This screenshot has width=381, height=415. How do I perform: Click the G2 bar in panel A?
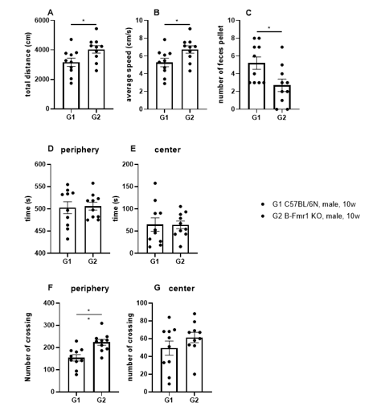(x=96, y=79)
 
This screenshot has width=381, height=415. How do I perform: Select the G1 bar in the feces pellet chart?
(x=256, y=86)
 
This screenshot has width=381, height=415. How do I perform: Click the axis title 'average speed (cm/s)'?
(x=129, y=64)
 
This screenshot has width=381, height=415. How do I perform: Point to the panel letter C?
(x=248, y=13)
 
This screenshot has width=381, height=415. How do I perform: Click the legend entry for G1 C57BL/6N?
(x=309, y=204)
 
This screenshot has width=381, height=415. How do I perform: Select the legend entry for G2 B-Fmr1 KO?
(x=311, y=216)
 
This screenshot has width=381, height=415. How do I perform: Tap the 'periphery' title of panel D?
(x=80, y=150)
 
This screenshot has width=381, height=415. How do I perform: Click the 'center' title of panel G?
(x=182, y=289)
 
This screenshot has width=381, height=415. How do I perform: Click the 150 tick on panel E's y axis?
(x=127, y=187)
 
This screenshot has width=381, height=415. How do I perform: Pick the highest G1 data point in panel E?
(x=155, y=183)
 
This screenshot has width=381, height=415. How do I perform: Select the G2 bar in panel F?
(x=101, y=367)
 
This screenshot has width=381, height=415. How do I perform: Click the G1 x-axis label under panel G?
(x=169, y=400)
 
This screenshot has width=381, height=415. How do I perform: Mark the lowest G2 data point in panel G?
(x=195, y=374)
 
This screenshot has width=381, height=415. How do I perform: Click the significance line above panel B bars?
(x=177, y=24)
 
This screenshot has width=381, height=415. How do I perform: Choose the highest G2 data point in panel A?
(x=96, y=29)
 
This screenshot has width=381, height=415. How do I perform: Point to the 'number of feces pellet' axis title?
(x=221, y=64)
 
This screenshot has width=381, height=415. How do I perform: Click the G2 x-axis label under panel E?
(x=180, y=261)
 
